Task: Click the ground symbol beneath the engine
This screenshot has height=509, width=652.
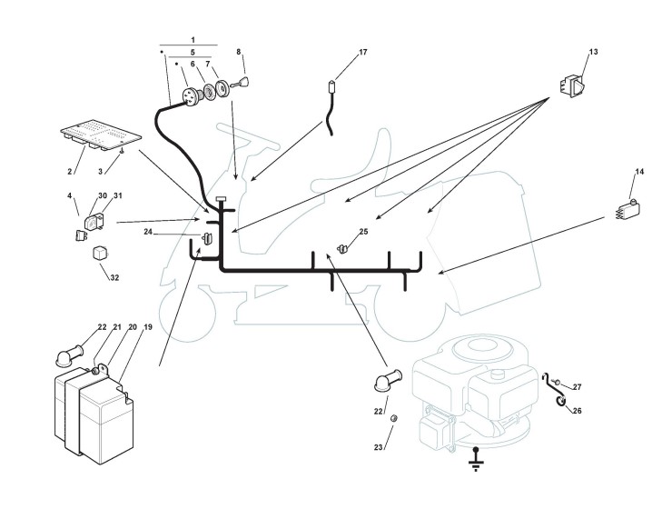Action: [473, 464]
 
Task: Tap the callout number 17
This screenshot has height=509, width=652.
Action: [362, 53]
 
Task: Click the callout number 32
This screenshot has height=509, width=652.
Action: [114, 277]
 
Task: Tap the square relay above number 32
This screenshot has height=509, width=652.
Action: [100, 253]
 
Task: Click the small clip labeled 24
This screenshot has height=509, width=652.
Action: [205, 240]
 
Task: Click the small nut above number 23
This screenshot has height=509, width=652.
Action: [395, 419]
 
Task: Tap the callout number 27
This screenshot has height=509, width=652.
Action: [576, 387]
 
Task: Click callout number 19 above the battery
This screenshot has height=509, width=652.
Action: [147, 326]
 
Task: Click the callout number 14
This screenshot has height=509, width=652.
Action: [639, 172]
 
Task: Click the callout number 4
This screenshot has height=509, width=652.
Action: [69, 195]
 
